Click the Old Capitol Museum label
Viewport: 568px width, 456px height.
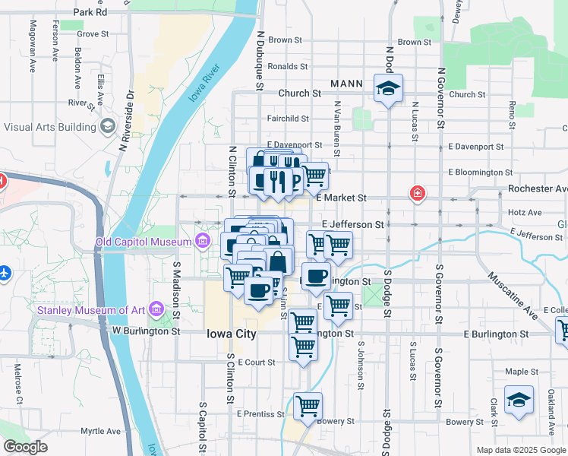click(143, 242)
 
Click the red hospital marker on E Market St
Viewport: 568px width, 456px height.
click(416, 194)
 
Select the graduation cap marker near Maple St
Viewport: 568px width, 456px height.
click(519, 400)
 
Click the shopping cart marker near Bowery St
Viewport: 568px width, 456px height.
click(308, 406)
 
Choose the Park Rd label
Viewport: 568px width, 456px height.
click(90, 13)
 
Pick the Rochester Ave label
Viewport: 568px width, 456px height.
click(538, 188)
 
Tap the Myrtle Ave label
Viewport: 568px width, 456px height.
click(101, 431)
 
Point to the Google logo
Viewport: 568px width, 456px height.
click(25, 447)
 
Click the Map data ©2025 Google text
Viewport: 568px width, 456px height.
click(521, 450)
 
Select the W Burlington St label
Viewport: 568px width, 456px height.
click(147, 331)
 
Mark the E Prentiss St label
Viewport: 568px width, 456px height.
click(260, 414)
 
